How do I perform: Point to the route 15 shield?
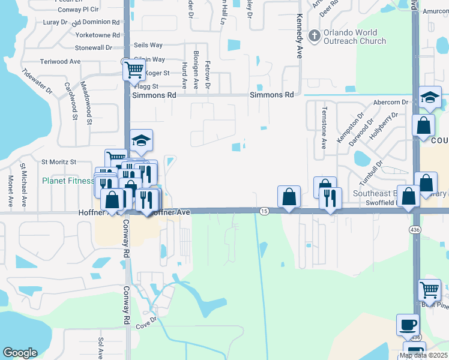pos(264,211)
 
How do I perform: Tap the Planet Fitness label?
pos(68,181)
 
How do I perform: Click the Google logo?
pos(20,353)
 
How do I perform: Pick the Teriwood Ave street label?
pos(60,61)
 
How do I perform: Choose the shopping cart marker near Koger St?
pos(134,70)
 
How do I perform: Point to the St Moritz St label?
pos(58,162)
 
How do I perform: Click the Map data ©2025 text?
pos(423,355)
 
